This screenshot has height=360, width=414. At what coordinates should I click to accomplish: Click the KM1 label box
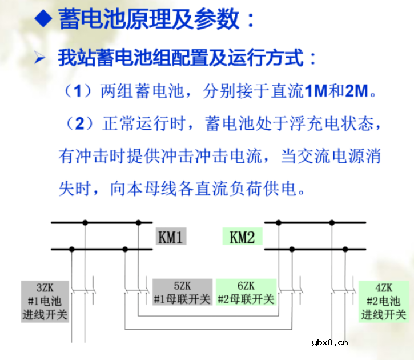coord(171,237)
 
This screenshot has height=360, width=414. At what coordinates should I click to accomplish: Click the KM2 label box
coord(242,237)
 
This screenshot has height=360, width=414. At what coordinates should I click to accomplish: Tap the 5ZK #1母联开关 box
coord(182,292)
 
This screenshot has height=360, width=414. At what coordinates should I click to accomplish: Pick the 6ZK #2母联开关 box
coord(246,292)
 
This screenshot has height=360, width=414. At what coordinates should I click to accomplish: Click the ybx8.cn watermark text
coord(330,343)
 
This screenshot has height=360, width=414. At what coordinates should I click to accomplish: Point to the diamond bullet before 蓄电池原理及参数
coord(43,20)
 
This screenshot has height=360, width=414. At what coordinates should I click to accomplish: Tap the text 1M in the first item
coord(314,90)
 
